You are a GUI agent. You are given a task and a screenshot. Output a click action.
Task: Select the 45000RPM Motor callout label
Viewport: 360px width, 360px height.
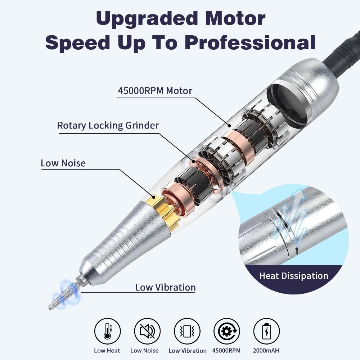pyautogui.click(x=155, y=90)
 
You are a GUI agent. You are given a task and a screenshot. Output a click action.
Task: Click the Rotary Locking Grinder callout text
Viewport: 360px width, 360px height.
pyautogui.click(x=108, y=125)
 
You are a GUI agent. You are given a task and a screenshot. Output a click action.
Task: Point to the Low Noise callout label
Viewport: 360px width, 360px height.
pyautogui.click(x=63, y=163)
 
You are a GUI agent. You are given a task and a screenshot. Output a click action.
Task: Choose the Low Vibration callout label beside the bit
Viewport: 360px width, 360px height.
pyautogui.click(x=165, y=287)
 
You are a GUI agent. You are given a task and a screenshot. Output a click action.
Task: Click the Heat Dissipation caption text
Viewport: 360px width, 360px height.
pyautogui.click(x=293, y=276)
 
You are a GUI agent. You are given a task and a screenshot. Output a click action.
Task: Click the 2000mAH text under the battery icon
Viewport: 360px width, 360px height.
pyautogui.click(x=266, y=350)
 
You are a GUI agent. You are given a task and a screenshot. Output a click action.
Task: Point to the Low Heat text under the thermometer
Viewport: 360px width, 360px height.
pyautogui.click(x=107, y=350)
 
